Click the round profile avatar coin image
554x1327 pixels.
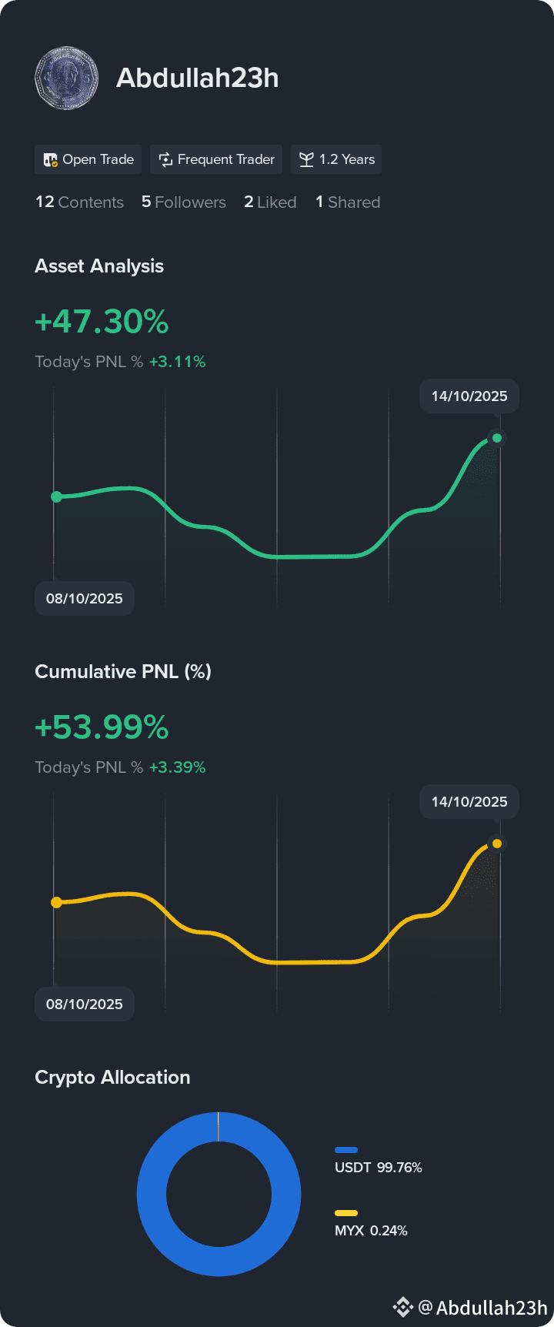coord(67,78)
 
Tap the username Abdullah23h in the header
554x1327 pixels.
coord(198,78)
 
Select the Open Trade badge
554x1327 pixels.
coord(88,159)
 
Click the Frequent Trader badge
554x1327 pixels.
coord(216,159)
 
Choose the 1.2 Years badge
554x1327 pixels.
coord(336,159)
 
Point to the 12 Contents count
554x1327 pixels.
coord(79,202)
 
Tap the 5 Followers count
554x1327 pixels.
coord(184,202)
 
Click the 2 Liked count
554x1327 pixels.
coord(270,202)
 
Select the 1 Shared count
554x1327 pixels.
coord(348,202)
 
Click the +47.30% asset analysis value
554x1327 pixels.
coord(102,322)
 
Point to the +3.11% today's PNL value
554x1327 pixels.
coord(177,362)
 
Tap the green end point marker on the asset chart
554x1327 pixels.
coord(497,438)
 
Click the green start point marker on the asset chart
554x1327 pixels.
coord(56,496)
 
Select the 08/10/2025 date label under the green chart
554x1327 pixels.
coord(85,598)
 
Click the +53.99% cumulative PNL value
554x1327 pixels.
coord(102,727)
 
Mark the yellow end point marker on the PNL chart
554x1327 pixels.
coord(497,844)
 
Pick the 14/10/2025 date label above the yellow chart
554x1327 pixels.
coord(469,801)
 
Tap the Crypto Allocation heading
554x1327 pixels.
coord(112,1077)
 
